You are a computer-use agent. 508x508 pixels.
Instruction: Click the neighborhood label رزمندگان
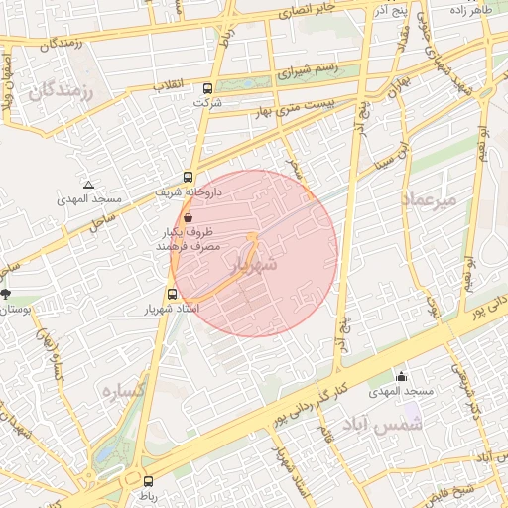60,92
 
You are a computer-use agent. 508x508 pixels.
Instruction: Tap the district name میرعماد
429,199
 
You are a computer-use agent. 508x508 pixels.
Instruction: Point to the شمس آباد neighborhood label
383,425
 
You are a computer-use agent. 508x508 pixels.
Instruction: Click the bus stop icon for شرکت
203,86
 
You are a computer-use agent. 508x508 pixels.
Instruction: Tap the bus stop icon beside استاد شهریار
173,295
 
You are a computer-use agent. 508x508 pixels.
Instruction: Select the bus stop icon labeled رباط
148,480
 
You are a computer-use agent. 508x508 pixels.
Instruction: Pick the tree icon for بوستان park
6,294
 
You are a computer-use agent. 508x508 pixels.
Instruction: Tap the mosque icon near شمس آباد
401,377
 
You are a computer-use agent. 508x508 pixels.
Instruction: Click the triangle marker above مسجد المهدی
89,185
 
